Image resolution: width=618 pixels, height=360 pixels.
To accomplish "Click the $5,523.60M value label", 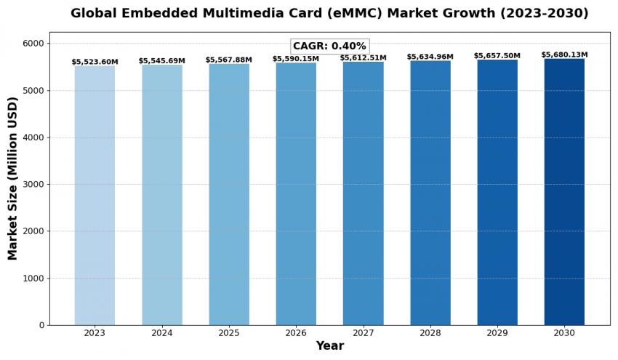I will pos(95,63).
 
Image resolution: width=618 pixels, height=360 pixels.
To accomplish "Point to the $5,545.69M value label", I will pos(161,61).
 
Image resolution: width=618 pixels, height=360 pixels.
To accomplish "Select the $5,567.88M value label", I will pos(228,60).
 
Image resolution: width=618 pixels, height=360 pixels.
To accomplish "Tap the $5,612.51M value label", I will pos(363,58).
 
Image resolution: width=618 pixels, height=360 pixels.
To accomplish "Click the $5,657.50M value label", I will pos(497,56).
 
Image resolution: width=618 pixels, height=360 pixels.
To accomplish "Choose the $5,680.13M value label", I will pos(564,55).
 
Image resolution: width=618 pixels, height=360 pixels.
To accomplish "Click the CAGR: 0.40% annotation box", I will pos(329,46).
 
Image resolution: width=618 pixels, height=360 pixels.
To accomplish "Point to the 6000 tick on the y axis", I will pos(32,44).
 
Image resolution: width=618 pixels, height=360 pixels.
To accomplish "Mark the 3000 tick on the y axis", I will pos(32,184).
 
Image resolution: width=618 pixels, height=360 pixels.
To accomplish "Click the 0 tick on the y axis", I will pos(41,325).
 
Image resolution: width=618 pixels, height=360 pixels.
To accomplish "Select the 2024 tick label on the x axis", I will pos(161,333).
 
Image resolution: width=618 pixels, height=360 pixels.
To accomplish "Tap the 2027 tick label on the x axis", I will pos(363,333).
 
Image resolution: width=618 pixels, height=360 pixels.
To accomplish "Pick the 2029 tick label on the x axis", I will pos(497,333).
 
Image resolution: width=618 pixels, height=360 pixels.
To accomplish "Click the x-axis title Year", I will pos(329,346).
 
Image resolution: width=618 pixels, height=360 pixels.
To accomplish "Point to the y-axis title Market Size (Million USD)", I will pos(13,178).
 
